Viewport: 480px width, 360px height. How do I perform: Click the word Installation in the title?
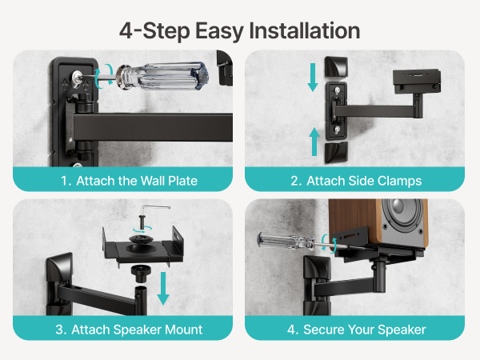(x=305, y=30)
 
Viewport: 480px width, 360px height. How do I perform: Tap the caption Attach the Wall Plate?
(x=137, y=181)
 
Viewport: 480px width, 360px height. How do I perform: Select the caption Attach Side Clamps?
(x=364, y=181)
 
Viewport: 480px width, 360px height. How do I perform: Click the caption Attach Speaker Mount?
(x=137, y=330)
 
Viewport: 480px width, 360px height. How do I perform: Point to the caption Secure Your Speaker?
(x=364, y=330)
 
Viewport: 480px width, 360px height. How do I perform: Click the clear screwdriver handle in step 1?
(x=163, y=76)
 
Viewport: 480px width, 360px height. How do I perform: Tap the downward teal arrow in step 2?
(x=313, y=77)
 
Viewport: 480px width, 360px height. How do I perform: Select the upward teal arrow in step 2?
(x=314, y=142)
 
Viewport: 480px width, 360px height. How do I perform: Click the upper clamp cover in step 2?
(x=336, y=66)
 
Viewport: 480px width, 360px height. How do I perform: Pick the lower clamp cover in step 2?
(x=336, y=152)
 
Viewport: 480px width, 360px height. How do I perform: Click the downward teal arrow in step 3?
(x=163, y=288)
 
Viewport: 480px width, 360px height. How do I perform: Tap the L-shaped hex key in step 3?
(x=154, y=210)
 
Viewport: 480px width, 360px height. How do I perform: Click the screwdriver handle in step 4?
(x=287, y=240)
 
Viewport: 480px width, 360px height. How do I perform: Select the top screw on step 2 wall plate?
(x=337, y=90)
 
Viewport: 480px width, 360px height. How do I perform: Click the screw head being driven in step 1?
(x=77, y=77)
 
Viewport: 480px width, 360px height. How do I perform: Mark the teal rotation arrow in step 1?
(x=103, y=77)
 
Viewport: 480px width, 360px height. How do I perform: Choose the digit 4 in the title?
(x=126, y=30)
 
